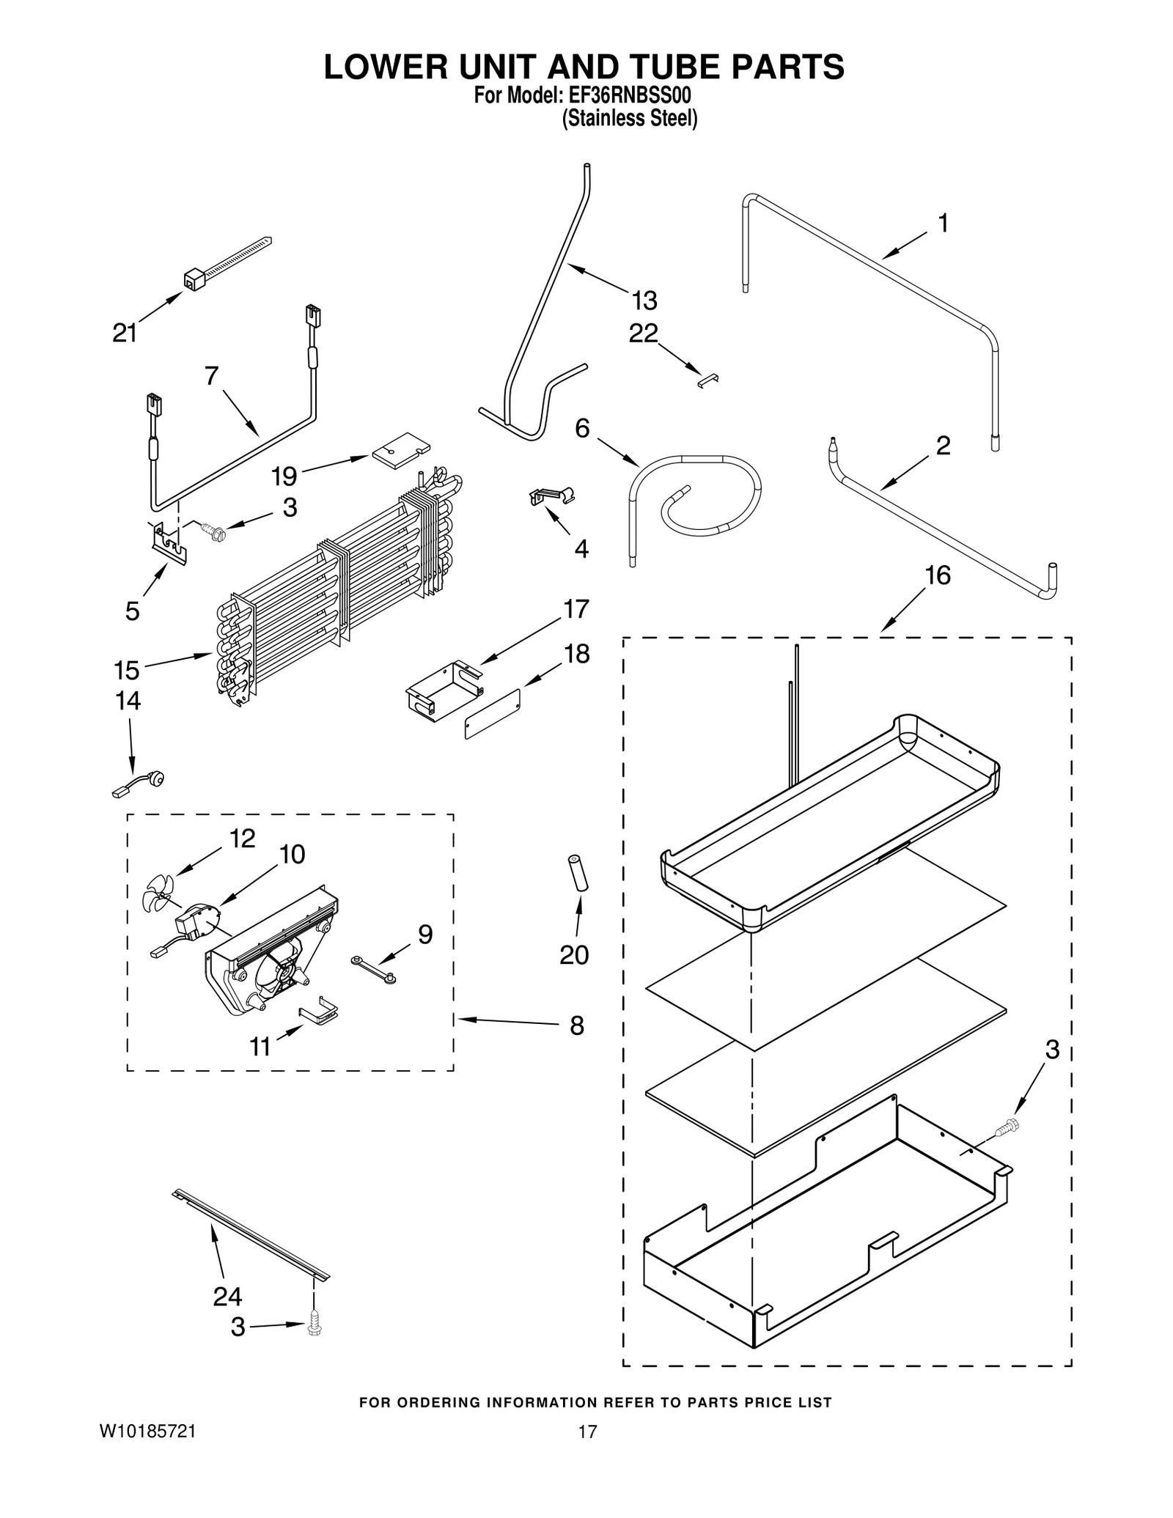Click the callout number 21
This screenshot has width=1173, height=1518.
point(125,334)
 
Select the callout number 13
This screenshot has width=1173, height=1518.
point(644,301)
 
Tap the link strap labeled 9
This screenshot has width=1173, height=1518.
point(374,968)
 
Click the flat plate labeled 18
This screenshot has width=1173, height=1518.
point(493,714)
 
